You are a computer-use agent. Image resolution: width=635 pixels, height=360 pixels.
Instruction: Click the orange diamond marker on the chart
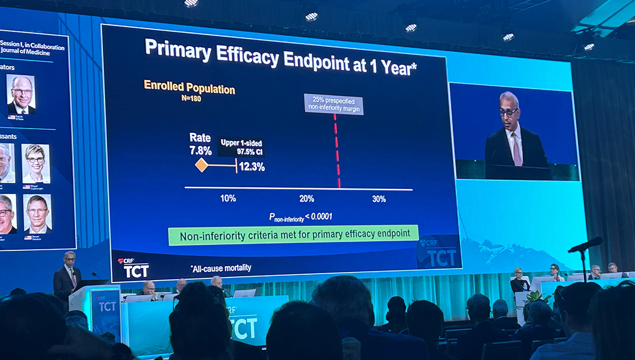click(x=201, y=165)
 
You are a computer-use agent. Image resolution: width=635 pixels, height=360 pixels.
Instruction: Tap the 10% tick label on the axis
click(x=228, y=199)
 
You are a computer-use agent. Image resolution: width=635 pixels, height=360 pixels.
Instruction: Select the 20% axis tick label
click(x=306, y=199)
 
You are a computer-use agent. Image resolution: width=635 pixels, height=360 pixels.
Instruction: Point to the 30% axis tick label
click(x=378, y=199)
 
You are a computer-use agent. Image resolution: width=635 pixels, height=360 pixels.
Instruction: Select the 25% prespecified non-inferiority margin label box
click(x=333, y=104)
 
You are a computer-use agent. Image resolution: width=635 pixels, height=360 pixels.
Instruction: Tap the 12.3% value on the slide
click(x=252, y=167)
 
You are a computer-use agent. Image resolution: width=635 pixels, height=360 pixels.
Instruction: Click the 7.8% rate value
click(x=201, y=150)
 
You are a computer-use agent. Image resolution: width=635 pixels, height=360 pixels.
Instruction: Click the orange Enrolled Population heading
click(x=189, y=87)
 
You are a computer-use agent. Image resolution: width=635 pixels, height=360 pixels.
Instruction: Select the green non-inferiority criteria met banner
click(x=293, y=235)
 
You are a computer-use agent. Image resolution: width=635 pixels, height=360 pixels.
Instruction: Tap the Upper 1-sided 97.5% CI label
click(x=242, y=147)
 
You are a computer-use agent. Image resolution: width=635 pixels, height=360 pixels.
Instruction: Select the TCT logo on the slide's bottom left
click(x=134, y=268)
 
